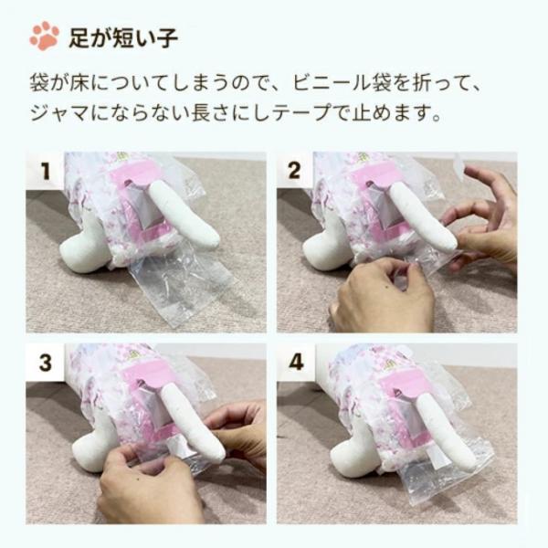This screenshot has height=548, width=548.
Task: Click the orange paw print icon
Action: (x=44, y=36)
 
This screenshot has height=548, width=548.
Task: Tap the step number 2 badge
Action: (x=294, y=171)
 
